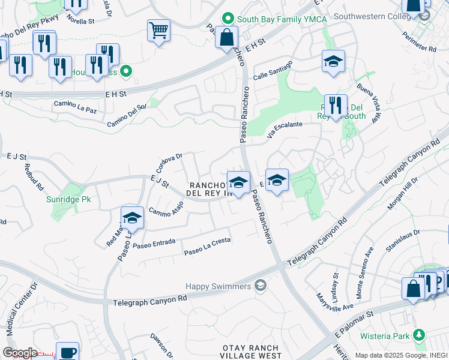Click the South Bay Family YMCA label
[x=273, y=19]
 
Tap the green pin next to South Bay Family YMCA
[x=228, y=19]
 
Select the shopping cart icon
[x=158, y=30]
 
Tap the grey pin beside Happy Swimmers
[x=260, y=285]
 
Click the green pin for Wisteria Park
[x=421, y=334]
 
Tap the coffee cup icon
[x=68, y=352]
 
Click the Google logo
[x=20, y=353]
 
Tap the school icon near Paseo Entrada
[x=132, y=219]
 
